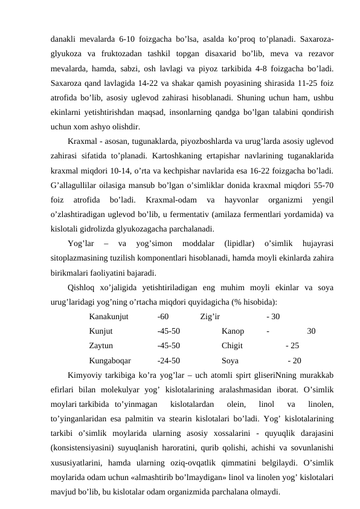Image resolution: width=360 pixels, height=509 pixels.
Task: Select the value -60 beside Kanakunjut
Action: click(162, 317)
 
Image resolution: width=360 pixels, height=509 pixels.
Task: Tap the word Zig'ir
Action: click(210, 317)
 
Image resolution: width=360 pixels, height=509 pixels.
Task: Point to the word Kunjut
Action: click(101, 331)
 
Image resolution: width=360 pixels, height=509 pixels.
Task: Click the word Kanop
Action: click(233, 331)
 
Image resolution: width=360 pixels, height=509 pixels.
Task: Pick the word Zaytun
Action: click(101, 346)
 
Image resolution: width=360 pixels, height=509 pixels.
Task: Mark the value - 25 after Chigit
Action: click(291, 346)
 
